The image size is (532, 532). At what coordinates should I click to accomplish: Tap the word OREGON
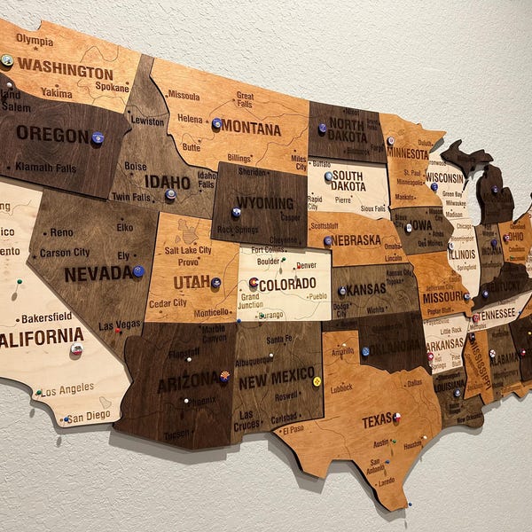[x=52, y=134]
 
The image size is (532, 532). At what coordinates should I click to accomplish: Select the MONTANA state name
[x=250, y=128]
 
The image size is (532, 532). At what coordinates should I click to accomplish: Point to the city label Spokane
[x=113, y=88]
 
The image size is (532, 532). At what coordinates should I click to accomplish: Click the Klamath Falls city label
[x=46, y=167]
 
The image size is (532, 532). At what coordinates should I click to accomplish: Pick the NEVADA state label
[x=98, y=274]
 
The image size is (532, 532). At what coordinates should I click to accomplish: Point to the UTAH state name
[x=191, y=282]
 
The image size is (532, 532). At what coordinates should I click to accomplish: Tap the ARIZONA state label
[x=187, y=383]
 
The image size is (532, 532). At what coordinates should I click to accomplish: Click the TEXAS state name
[x=377, y=420]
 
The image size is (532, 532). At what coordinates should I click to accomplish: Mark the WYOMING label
[x=263, y=203]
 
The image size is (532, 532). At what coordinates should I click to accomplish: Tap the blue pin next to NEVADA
[x=137, y=271]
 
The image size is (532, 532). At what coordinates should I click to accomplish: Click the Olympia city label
[x=34, y=40]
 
